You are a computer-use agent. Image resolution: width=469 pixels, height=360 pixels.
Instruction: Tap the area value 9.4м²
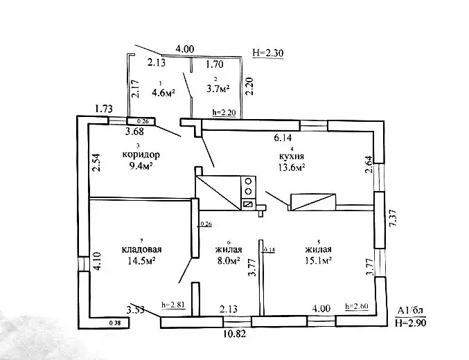(139, 165)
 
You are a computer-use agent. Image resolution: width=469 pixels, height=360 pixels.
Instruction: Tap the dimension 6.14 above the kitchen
(283, 138)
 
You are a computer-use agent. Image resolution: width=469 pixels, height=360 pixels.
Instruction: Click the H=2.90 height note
(411, 323)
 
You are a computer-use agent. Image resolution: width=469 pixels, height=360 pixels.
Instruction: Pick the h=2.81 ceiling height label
(173, 304)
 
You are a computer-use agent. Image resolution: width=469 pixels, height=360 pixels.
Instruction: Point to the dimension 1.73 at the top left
(103, 108)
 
